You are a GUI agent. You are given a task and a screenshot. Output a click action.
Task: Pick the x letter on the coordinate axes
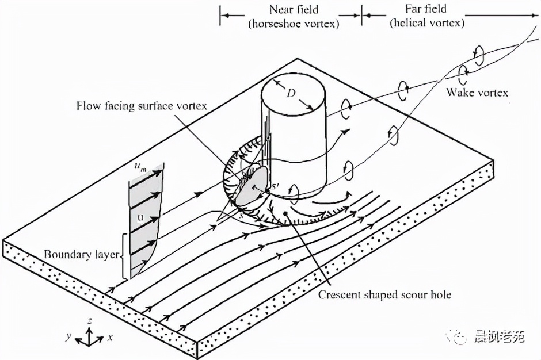[x=109, y=338]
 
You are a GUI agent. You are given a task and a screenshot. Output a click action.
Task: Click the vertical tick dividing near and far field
[x=361, y=17]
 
